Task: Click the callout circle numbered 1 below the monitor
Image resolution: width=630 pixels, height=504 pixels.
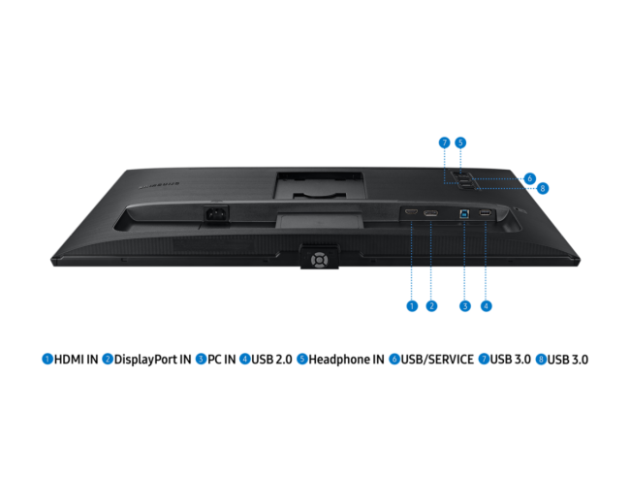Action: point(412,306)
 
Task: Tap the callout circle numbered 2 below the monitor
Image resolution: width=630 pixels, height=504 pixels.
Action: point(431,306)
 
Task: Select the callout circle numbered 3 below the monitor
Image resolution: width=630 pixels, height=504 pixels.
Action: point(465,306)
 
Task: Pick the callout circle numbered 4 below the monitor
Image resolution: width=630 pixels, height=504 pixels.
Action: point(487,306)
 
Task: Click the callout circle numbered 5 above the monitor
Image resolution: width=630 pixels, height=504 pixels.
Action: point(460,142)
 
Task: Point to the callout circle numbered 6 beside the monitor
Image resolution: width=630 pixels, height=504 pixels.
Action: point(529,178)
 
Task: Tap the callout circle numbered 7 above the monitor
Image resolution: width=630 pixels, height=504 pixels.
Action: point(444,142)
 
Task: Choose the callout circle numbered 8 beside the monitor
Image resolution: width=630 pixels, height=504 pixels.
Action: point(543,188)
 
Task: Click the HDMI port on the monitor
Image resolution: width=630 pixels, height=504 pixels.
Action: point(411,212)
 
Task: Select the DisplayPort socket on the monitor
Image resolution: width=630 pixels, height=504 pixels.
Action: point(430,212)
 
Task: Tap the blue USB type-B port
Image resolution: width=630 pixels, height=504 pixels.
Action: point(464,213)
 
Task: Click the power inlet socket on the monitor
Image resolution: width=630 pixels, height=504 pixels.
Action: point(216,214)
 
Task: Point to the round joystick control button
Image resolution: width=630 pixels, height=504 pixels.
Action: point(319,260)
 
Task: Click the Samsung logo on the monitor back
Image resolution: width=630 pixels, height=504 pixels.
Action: point(159,186)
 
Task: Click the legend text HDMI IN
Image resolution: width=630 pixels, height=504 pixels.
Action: point(76,360)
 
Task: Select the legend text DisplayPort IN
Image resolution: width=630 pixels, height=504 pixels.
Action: point(153,360)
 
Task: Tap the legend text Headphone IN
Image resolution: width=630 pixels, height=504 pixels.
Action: point(346,360)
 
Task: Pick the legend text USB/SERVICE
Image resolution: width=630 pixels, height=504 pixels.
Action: point(437,360)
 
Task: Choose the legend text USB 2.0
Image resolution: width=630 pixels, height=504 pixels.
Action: point(271,360)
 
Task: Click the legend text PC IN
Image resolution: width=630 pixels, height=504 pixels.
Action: point(221,360)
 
